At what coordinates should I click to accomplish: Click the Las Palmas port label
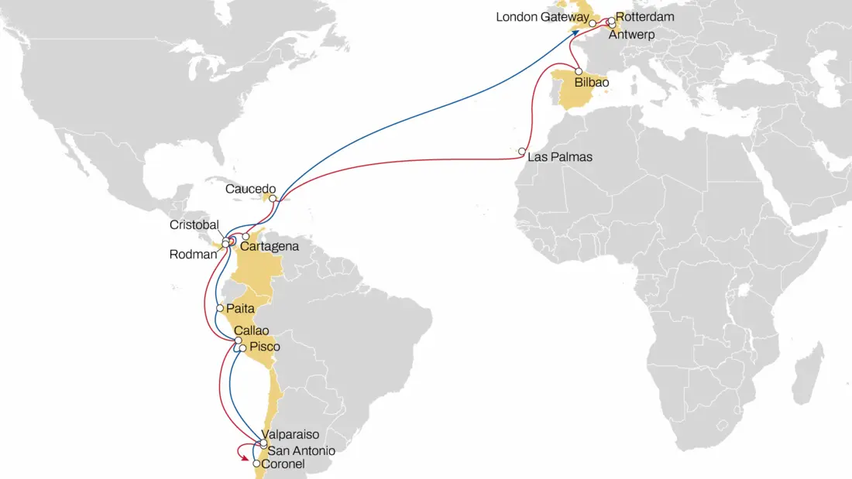(x=559, y=157)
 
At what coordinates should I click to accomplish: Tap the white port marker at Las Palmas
(x=523, y=151)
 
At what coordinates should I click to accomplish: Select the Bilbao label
(x=592, y=81)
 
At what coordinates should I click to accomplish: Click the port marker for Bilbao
(x=579, y=71)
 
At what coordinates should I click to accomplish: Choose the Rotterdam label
(x=645, y=16)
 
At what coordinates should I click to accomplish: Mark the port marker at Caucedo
(x=273, y=199)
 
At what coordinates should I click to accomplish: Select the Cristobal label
(x=194, y=224)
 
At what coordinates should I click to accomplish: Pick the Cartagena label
(x=270, y=247)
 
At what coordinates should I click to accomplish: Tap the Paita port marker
(x=220, y=308)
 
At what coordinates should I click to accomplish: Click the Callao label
(x=251, y=330)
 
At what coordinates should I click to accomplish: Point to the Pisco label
(x=264, y=347)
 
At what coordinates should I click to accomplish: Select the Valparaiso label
(x=291, y=435)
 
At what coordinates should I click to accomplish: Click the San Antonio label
(x=301, y=450)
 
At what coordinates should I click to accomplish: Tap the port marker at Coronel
(x=256, y=464)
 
